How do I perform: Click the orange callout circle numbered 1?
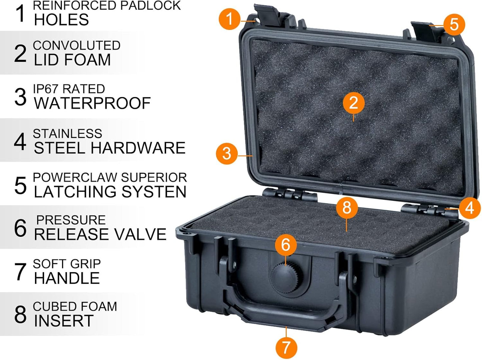[229, 19]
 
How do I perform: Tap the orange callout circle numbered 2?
[354, 102]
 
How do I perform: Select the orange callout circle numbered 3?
[227, 153]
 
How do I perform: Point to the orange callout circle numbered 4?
[470, 208]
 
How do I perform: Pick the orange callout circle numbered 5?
[454, 24]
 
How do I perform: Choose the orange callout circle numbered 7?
[286, 347]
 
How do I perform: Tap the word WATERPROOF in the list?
[92, 103]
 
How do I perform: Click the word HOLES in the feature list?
[61, 20]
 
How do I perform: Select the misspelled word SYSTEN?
[154, 192]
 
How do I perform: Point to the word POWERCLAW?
[70, 177]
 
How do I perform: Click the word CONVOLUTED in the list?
[76, 45]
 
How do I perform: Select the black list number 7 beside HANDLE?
[20, 271]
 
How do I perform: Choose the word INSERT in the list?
[63, 321]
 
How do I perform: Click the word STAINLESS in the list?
[67, 133]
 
